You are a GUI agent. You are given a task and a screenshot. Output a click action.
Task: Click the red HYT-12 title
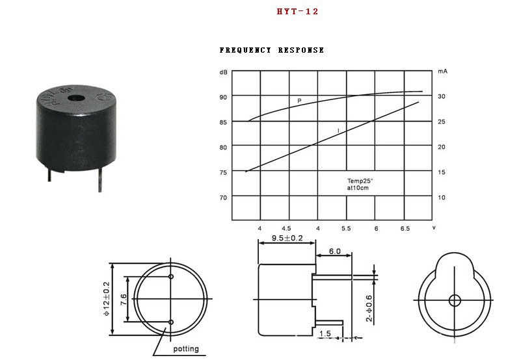297,12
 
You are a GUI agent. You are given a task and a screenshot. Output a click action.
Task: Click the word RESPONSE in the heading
301,50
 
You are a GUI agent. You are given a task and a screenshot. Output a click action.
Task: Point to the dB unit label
223,72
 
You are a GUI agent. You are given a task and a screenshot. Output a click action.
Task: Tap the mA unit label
442,71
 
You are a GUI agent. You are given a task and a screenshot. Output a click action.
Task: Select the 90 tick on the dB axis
223,97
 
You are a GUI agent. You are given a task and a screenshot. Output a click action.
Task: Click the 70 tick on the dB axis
223,198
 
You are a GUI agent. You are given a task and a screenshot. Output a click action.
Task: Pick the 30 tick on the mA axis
442,96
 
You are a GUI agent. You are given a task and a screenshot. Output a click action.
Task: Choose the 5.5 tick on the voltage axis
346,229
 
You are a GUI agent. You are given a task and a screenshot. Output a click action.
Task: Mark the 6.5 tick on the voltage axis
405,229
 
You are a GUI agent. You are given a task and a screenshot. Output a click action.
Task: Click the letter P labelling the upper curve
299,101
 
